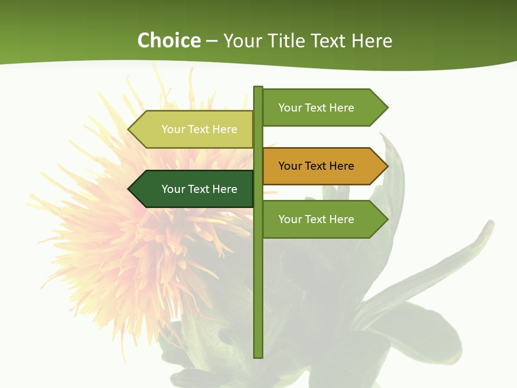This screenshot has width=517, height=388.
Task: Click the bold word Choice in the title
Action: click(x=169, y=41)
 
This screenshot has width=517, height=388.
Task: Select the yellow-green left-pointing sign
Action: click(x=194, y=129)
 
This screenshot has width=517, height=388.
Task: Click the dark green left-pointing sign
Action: click(x=194, y=189)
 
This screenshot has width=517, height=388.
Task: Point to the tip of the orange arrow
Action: click(x=387, y=166)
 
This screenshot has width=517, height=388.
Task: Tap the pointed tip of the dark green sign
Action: click(x=129, y=189)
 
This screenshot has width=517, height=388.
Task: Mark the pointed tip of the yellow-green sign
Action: click(x=129, y=129)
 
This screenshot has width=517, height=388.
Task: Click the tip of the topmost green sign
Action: click(x=387, y=108)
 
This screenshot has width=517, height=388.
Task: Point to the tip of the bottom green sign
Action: click(x=387, y=219)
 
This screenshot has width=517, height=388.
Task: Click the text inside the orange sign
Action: click(x=316, y=166)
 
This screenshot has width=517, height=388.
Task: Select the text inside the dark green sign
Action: click(x=199, y=189)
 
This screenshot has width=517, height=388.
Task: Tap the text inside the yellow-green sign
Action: click(x=199, y=129)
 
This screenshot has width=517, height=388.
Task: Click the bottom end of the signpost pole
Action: click(x=258, y=356)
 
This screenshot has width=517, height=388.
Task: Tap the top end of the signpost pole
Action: click(x=258, y=88)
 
